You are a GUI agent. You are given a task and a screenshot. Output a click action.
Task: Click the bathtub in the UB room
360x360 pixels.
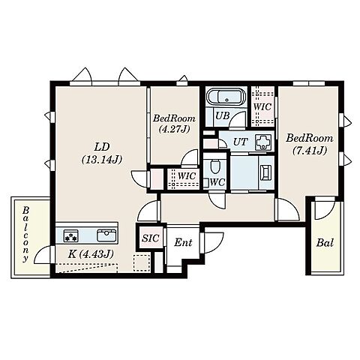tap(226, 97)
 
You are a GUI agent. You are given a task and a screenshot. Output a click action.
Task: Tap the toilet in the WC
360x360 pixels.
tap(214, 166)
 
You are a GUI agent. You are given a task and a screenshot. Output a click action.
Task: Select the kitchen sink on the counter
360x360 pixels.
tap(106, 235)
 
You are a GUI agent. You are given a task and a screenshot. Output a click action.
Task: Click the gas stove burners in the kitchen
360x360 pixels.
tap(71, 236)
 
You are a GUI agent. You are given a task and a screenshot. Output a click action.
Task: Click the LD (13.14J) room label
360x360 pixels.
tap(102, 153)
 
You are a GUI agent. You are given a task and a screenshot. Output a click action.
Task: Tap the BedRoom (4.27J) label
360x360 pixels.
tap(174, 124)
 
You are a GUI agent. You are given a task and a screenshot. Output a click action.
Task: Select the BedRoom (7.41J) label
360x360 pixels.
tap(310, 145)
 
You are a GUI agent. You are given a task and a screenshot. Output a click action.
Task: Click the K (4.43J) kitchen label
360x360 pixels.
tap(91, 254)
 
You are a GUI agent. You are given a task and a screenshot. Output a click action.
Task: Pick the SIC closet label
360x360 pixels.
tap(151, 238)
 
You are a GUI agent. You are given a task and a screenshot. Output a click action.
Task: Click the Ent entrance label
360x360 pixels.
tap(183, 242)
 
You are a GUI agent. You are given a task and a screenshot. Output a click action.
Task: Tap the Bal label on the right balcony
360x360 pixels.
tap(325, 242)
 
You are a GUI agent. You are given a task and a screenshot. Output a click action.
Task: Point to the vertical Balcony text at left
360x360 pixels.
tap(25, 234)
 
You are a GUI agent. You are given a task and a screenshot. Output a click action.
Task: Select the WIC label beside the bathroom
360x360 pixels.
tap(262, 106)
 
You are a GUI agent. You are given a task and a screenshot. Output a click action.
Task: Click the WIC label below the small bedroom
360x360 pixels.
tap(187, 175)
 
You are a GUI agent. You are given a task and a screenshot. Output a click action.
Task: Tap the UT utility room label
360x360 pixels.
tap(240, 142)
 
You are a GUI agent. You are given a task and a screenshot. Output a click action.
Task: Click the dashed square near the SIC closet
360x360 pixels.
tap(142, 262)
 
